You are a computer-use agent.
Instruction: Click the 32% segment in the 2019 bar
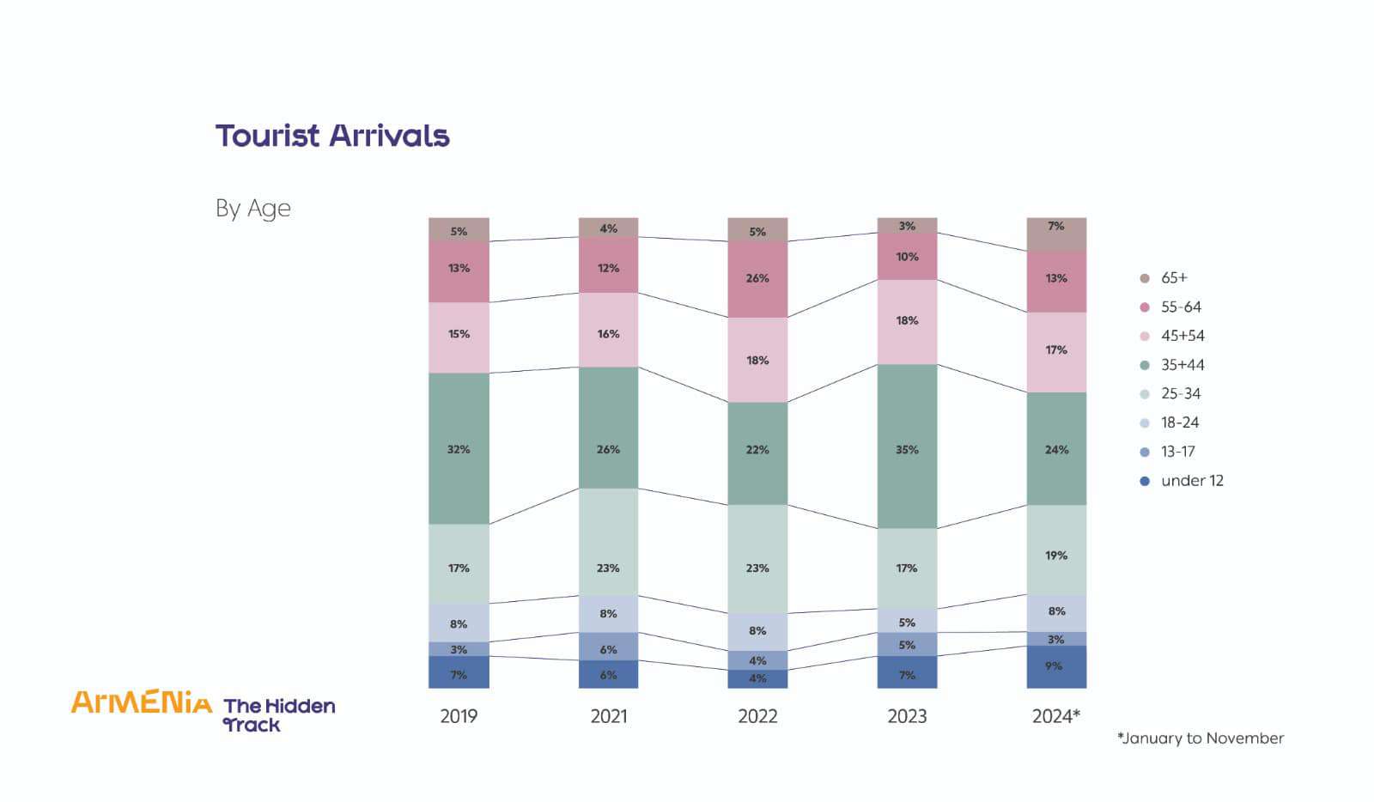(459, 449)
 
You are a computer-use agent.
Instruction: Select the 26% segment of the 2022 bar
(757, 279)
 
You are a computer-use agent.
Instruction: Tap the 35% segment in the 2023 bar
(907, 447)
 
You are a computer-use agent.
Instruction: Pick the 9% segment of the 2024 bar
(1056, 667)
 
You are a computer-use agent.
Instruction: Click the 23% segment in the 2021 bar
(609, 542)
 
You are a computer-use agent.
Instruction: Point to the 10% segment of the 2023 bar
(907, 256)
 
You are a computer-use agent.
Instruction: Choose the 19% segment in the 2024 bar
(1056, 550)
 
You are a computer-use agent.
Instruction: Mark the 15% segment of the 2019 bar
(459, 337)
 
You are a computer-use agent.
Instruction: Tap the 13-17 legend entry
(1167, 452)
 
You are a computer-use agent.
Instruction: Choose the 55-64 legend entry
(1170, 307)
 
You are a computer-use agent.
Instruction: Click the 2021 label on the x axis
(609, 716)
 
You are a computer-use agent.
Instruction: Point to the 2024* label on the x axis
(1056, 715)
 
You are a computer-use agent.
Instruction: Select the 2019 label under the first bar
(459, 716)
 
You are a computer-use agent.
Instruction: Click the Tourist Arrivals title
(332, 136)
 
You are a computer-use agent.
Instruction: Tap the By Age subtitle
(252, 209)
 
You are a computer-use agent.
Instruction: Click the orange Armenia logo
(142, 702)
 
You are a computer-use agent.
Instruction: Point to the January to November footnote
(1201, 738)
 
